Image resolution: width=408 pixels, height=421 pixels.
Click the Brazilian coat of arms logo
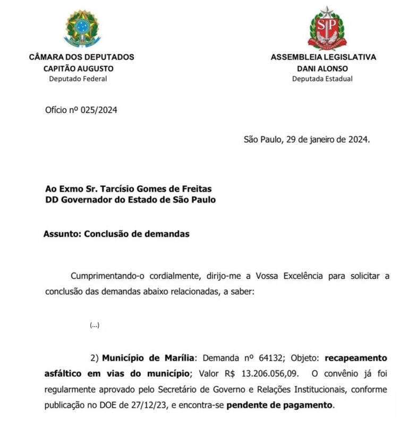click(81, 28)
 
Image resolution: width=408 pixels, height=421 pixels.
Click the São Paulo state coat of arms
click(327, 27)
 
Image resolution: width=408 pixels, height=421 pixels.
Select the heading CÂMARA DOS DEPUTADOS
click(81, 57)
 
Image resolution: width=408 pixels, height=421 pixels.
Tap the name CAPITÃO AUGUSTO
click(79, 68)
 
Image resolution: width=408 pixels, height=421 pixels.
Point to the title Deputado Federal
click(78, 79)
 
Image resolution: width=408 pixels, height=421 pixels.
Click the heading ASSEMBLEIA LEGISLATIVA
click(323, 57)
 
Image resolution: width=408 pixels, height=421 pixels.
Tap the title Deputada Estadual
click(322, 79)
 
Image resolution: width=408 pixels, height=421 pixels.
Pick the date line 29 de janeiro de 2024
click(327, 140)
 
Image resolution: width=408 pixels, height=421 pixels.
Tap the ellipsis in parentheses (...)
click(95, 325)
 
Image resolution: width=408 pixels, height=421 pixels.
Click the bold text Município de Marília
click(149, 357)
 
